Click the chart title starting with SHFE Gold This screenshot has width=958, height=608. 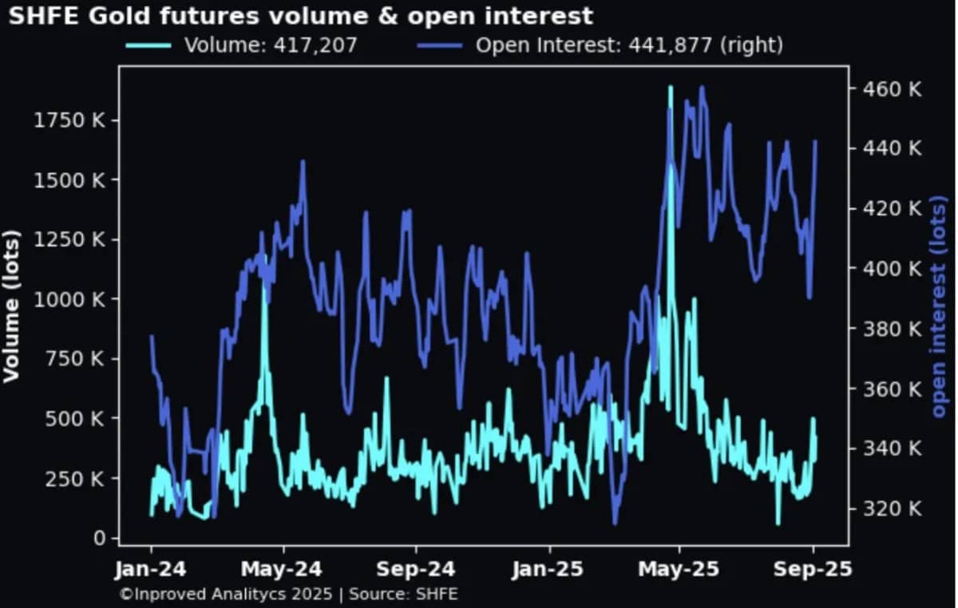coord(301,15)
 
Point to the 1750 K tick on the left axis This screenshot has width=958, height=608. coord(72,120)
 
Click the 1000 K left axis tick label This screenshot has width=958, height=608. coord(72,299)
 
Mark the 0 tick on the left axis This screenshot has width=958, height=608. coord(99,539)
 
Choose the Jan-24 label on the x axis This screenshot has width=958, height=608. coord(152,570)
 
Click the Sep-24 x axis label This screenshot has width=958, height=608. coord(416,570)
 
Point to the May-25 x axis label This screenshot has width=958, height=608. coord(680,570)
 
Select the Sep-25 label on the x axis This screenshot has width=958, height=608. coord(814,570)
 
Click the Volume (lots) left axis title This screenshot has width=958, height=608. coord(11,306)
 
